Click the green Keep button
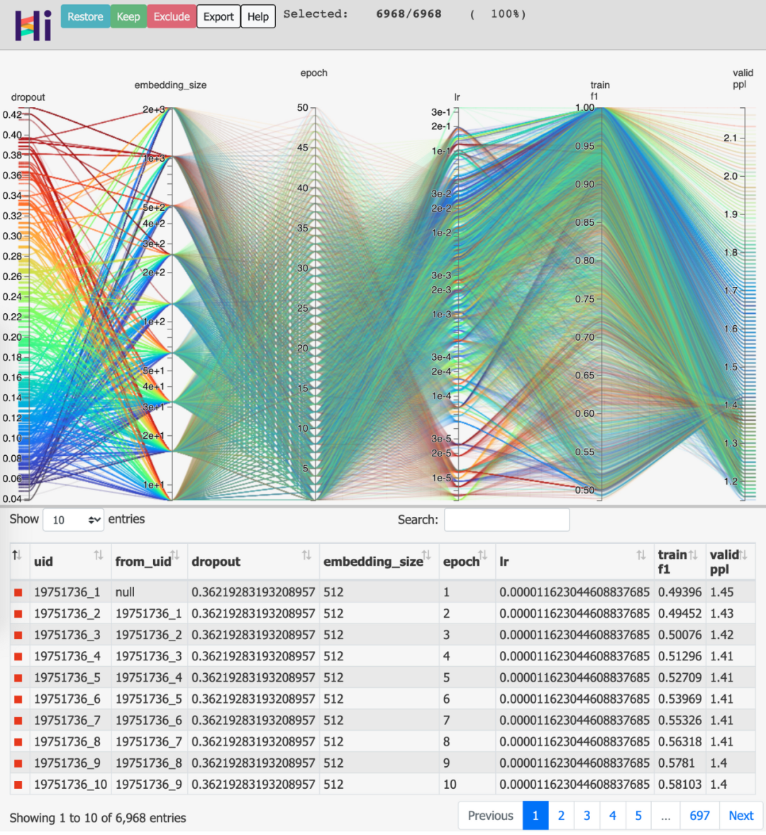coord(128,17)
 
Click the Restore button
coord(85,17)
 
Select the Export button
coord(218,17)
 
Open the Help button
coord(258,17)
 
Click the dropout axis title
coord(28,97)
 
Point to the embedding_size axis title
coord(170,85)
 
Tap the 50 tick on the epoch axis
coord(303,108)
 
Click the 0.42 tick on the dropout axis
coord(12,115)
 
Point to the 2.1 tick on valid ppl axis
coord(731,138)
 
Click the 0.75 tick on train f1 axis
coord(585,299)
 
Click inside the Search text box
coord(506,520)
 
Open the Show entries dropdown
coord(74,520)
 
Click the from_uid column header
coord(143,562)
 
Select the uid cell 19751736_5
coord(67,677)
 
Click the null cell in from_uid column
coord(126,592)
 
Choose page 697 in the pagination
coord(699,816)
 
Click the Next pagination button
coord(741,816)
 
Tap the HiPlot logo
coord(33,26)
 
